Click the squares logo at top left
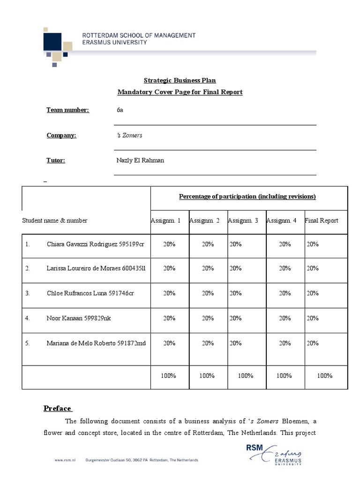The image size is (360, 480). [x=58, y=45]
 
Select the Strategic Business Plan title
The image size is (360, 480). [x=180, y=81]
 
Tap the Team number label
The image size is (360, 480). [x=67, y=110]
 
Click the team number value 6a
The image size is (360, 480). [x=120, y=110]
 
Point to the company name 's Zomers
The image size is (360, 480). [x=129, y=135]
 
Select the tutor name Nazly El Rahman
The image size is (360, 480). [x=140, y=160]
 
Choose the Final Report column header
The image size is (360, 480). [x=321, y=220]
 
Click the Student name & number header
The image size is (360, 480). [x=54, y=220]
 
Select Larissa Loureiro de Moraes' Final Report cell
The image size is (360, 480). [x=313, y=268]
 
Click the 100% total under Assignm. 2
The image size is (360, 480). [x=207, y=375]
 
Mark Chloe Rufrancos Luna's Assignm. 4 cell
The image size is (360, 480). [x=285, y=293]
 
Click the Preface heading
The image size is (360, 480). [x=57, y=408]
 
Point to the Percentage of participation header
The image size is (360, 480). [x=247, y=196]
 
